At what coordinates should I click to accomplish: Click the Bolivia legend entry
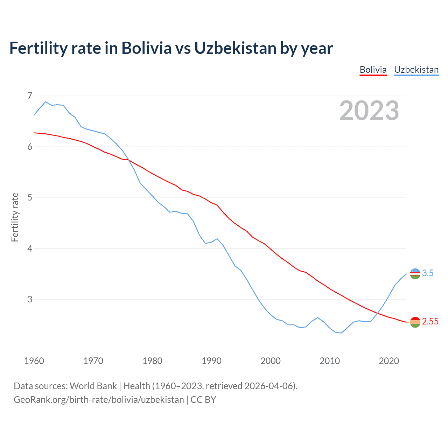373,70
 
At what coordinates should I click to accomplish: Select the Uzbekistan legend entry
416,70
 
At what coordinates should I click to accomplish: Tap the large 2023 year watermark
369,111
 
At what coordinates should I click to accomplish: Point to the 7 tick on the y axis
30,96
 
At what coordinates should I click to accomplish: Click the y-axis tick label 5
30,197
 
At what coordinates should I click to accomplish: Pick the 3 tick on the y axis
30,299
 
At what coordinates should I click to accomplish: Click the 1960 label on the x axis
34,361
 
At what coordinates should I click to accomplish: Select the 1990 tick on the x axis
211,361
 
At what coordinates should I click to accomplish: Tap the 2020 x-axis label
389,361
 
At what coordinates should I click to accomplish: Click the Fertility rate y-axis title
15,217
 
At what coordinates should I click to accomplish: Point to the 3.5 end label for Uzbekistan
428,273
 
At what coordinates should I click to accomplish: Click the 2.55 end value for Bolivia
430,322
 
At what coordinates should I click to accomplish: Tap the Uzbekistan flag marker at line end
415,274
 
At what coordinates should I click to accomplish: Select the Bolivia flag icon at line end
415,322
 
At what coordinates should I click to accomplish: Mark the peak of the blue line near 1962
45,102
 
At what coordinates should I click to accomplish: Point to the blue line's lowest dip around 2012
341,333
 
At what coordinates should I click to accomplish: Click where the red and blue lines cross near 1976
129,160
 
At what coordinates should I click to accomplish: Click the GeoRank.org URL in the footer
99,400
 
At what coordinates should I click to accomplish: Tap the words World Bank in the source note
93,386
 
